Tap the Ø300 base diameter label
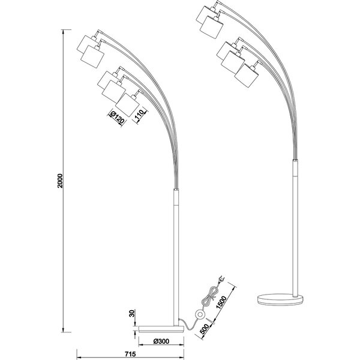(161, 341)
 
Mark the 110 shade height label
(138, 113)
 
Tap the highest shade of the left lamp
(89, 43)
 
